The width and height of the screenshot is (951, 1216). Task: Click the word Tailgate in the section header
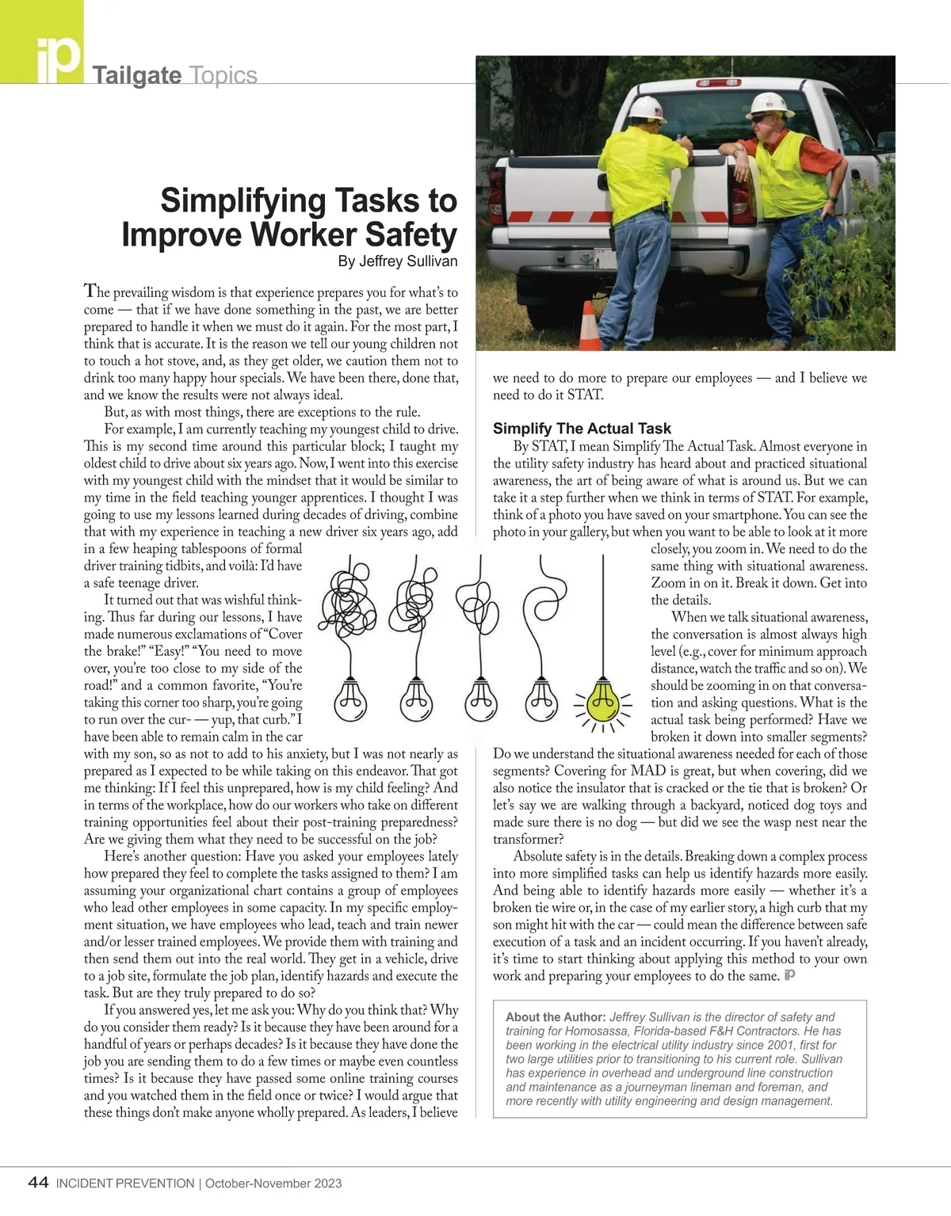point(137,75)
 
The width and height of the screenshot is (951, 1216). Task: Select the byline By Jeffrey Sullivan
point(398,261)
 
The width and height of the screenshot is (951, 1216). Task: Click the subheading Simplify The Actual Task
point(582,429)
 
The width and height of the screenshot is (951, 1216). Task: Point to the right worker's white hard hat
point(770,103)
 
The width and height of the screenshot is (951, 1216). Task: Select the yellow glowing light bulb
point(603,699)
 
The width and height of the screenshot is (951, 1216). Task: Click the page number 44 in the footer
point(38,1183)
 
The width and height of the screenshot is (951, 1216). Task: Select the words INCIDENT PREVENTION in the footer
point(125,1184)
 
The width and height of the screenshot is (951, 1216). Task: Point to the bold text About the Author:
point(556,1017)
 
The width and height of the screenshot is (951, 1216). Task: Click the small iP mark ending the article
point(789,975)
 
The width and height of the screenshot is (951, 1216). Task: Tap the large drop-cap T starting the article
point(91,292)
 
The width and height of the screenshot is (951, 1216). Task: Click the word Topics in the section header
point(223,75)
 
